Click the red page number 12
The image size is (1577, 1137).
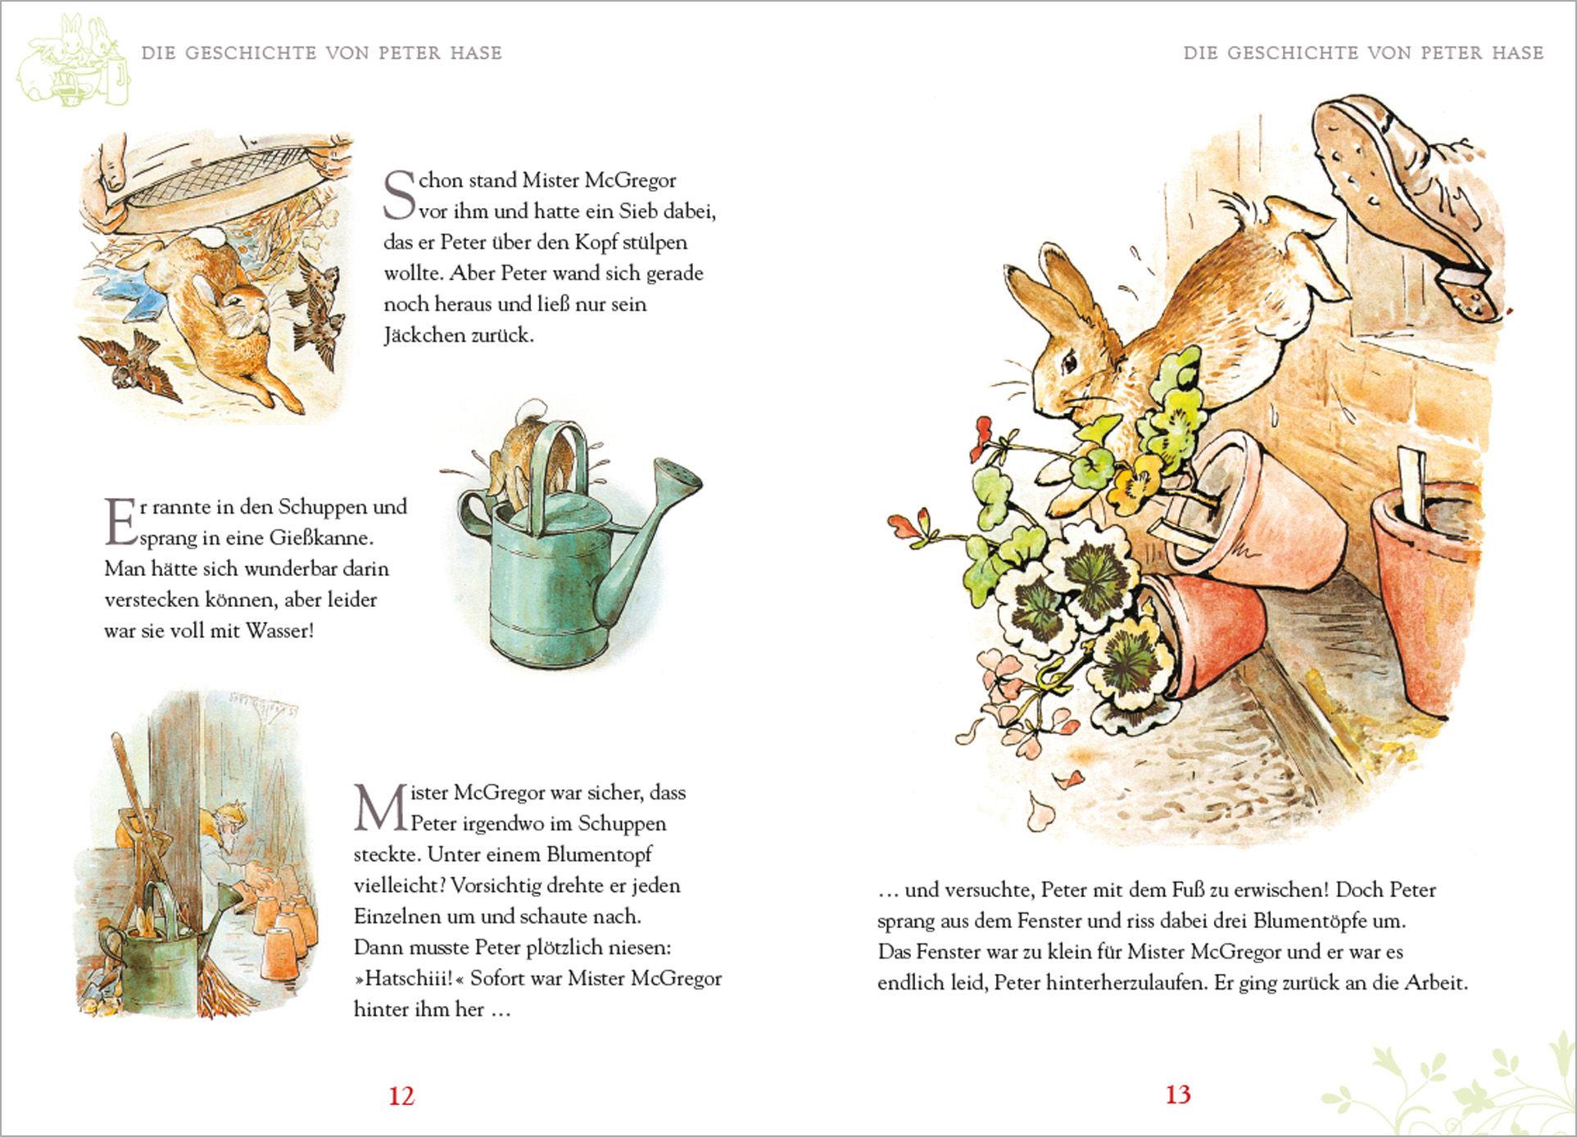[401, 1096]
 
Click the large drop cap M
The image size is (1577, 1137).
[373, 807]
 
